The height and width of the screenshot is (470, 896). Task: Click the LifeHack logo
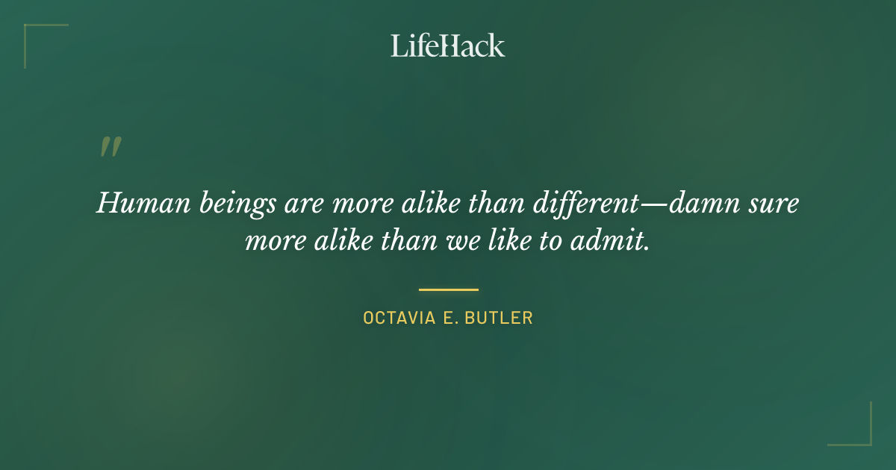click(448, 46)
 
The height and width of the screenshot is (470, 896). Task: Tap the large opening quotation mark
click(111, 146)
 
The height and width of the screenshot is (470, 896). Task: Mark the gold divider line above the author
click(448, 289)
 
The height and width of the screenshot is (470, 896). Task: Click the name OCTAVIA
click(396, 317)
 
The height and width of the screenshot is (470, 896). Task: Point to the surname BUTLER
click(498, 317)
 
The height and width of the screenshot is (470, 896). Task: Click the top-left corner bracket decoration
click(30, 30)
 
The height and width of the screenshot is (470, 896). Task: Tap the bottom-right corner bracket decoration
click(866, 440)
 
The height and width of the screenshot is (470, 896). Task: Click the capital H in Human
click(107, 202)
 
